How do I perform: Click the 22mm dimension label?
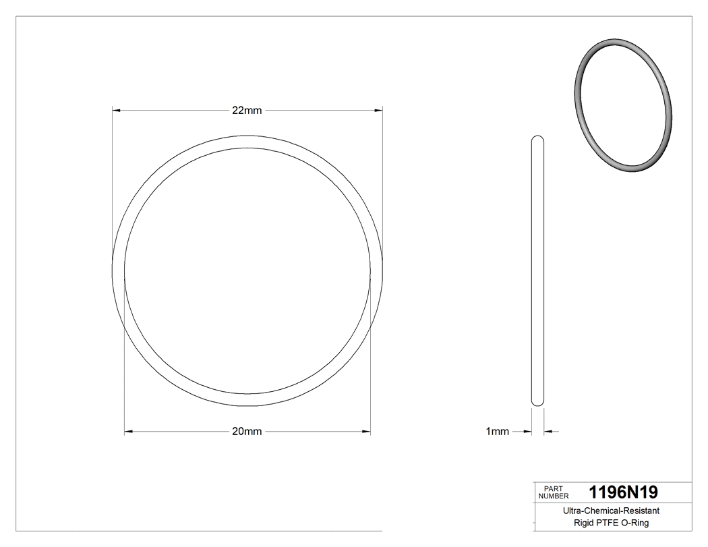[x=247, y=111]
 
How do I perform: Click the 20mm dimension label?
[x=247, y=432]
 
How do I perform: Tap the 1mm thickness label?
[x=497, y=432]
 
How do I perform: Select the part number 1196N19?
[x=623, y=492]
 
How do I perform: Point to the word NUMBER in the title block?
[x=554, y=496]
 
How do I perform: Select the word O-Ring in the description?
[x=635, y=523]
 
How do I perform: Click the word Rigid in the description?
[x=584, y=523]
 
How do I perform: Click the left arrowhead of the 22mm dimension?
[x=116, y=110]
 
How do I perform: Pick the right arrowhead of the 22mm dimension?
[x=378, y=110]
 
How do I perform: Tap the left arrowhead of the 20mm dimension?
[x=129, y=431]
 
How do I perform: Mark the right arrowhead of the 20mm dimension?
[x=366, y=431]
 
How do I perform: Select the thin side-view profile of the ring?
[x=537, y=270]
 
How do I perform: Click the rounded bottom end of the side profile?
[x=537, y=403]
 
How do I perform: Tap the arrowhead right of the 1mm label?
[x=527, y=432]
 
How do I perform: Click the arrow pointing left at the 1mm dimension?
[x=548, y=432]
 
